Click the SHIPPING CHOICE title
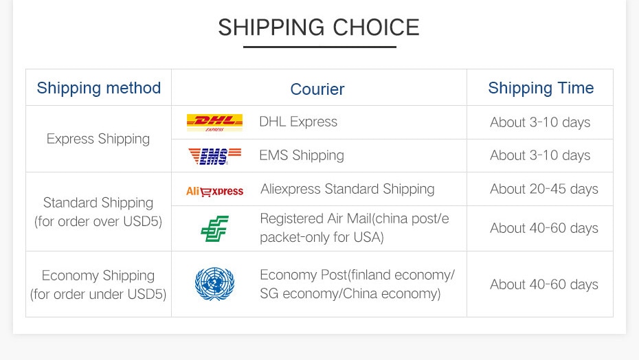click(319, 27)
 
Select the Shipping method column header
click(99, 89)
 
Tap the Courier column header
click(317, 89)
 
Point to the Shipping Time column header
click(541, 89)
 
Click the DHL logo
click(215, 123)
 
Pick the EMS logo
click(215, 156)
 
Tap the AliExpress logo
click(215, 191)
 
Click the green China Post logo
click(215, 228)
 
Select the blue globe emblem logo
click(215, 284)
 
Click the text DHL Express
click(298, 122)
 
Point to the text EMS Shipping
click(302, 156)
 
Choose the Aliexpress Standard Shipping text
click(347, 190)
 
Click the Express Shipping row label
click(98, 139)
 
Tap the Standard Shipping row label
click(98, 212)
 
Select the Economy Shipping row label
click(98, 284)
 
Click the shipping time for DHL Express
click(540, 122)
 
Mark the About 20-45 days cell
click(544, 189)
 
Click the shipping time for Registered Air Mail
click(544, 228)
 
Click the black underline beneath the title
click(319, 47)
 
